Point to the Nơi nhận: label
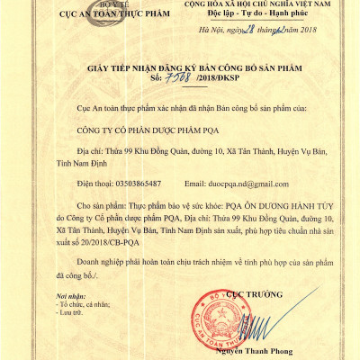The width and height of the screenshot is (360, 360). click(70, 295)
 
